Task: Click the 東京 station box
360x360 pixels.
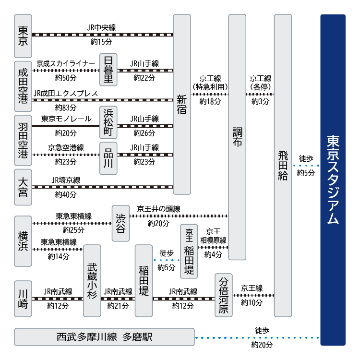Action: point(23,35)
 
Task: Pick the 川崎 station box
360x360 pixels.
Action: point(23,299)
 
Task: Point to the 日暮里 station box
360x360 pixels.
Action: point(108,70)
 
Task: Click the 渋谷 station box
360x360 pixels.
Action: point(120,223)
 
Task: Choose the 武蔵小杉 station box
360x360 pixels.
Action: point(92,281)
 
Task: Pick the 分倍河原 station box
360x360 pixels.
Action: point(224,295)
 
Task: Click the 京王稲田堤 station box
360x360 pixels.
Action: point(189,251)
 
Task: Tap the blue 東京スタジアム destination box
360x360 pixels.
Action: point(333,180)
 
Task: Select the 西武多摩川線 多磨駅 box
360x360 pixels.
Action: point(104,337)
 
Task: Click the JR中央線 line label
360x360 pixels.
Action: point(101,28)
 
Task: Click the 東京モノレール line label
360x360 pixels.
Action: point(62,119)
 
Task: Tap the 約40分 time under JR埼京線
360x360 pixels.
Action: point(66,194)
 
